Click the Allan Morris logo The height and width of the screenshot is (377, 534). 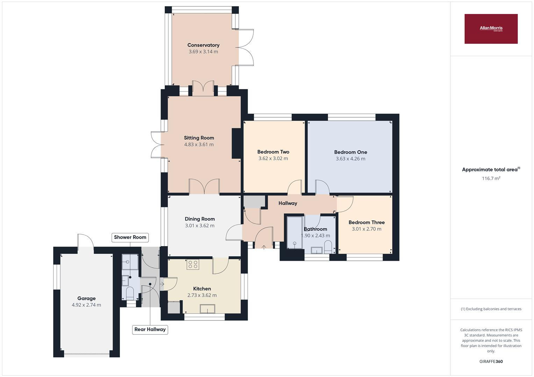click(x=491, y=29)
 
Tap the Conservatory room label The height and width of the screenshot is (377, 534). click(x=203, y=45)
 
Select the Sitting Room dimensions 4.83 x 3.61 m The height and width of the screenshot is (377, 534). click(x=199, y=145)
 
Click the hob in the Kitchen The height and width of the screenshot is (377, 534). click(x=192, y=265)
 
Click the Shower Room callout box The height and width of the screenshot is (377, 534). click(x=130, y=237)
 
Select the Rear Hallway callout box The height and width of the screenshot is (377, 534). click(x=150, y=330)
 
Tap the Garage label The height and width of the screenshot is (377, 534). click(x=86, y=298)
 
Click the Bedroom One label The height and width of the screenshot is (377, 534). click(x=350, y=152)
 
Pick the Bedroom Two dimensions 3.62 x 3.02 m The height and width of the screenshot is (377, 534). click(x=273, y=158)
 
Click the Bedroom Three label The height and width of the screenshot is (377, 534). click(x=366, y=222)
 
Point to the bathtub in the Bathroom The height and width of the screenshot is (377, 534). click(x=294, y=232)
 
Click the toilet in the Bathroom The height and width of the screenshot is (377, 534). click(x=328, y=249)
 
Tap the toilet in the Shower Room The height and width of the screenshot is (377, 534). click(x=129, y=293)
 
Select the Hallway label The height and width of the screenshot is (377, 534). click(x=287, y=203)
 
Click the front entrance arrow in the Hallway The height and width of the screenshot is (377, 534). click(x=264, y=247)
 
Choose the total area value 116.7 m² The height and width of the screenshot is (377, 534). click(x=491, y=178)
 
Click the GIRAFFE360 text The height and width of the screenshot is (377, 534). click(x=491, y=361)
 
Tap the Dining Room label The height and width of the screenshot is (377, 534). click(x=200, y=219)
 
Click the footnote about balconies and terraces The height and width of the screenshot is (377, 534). click(x=491, y=309)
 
